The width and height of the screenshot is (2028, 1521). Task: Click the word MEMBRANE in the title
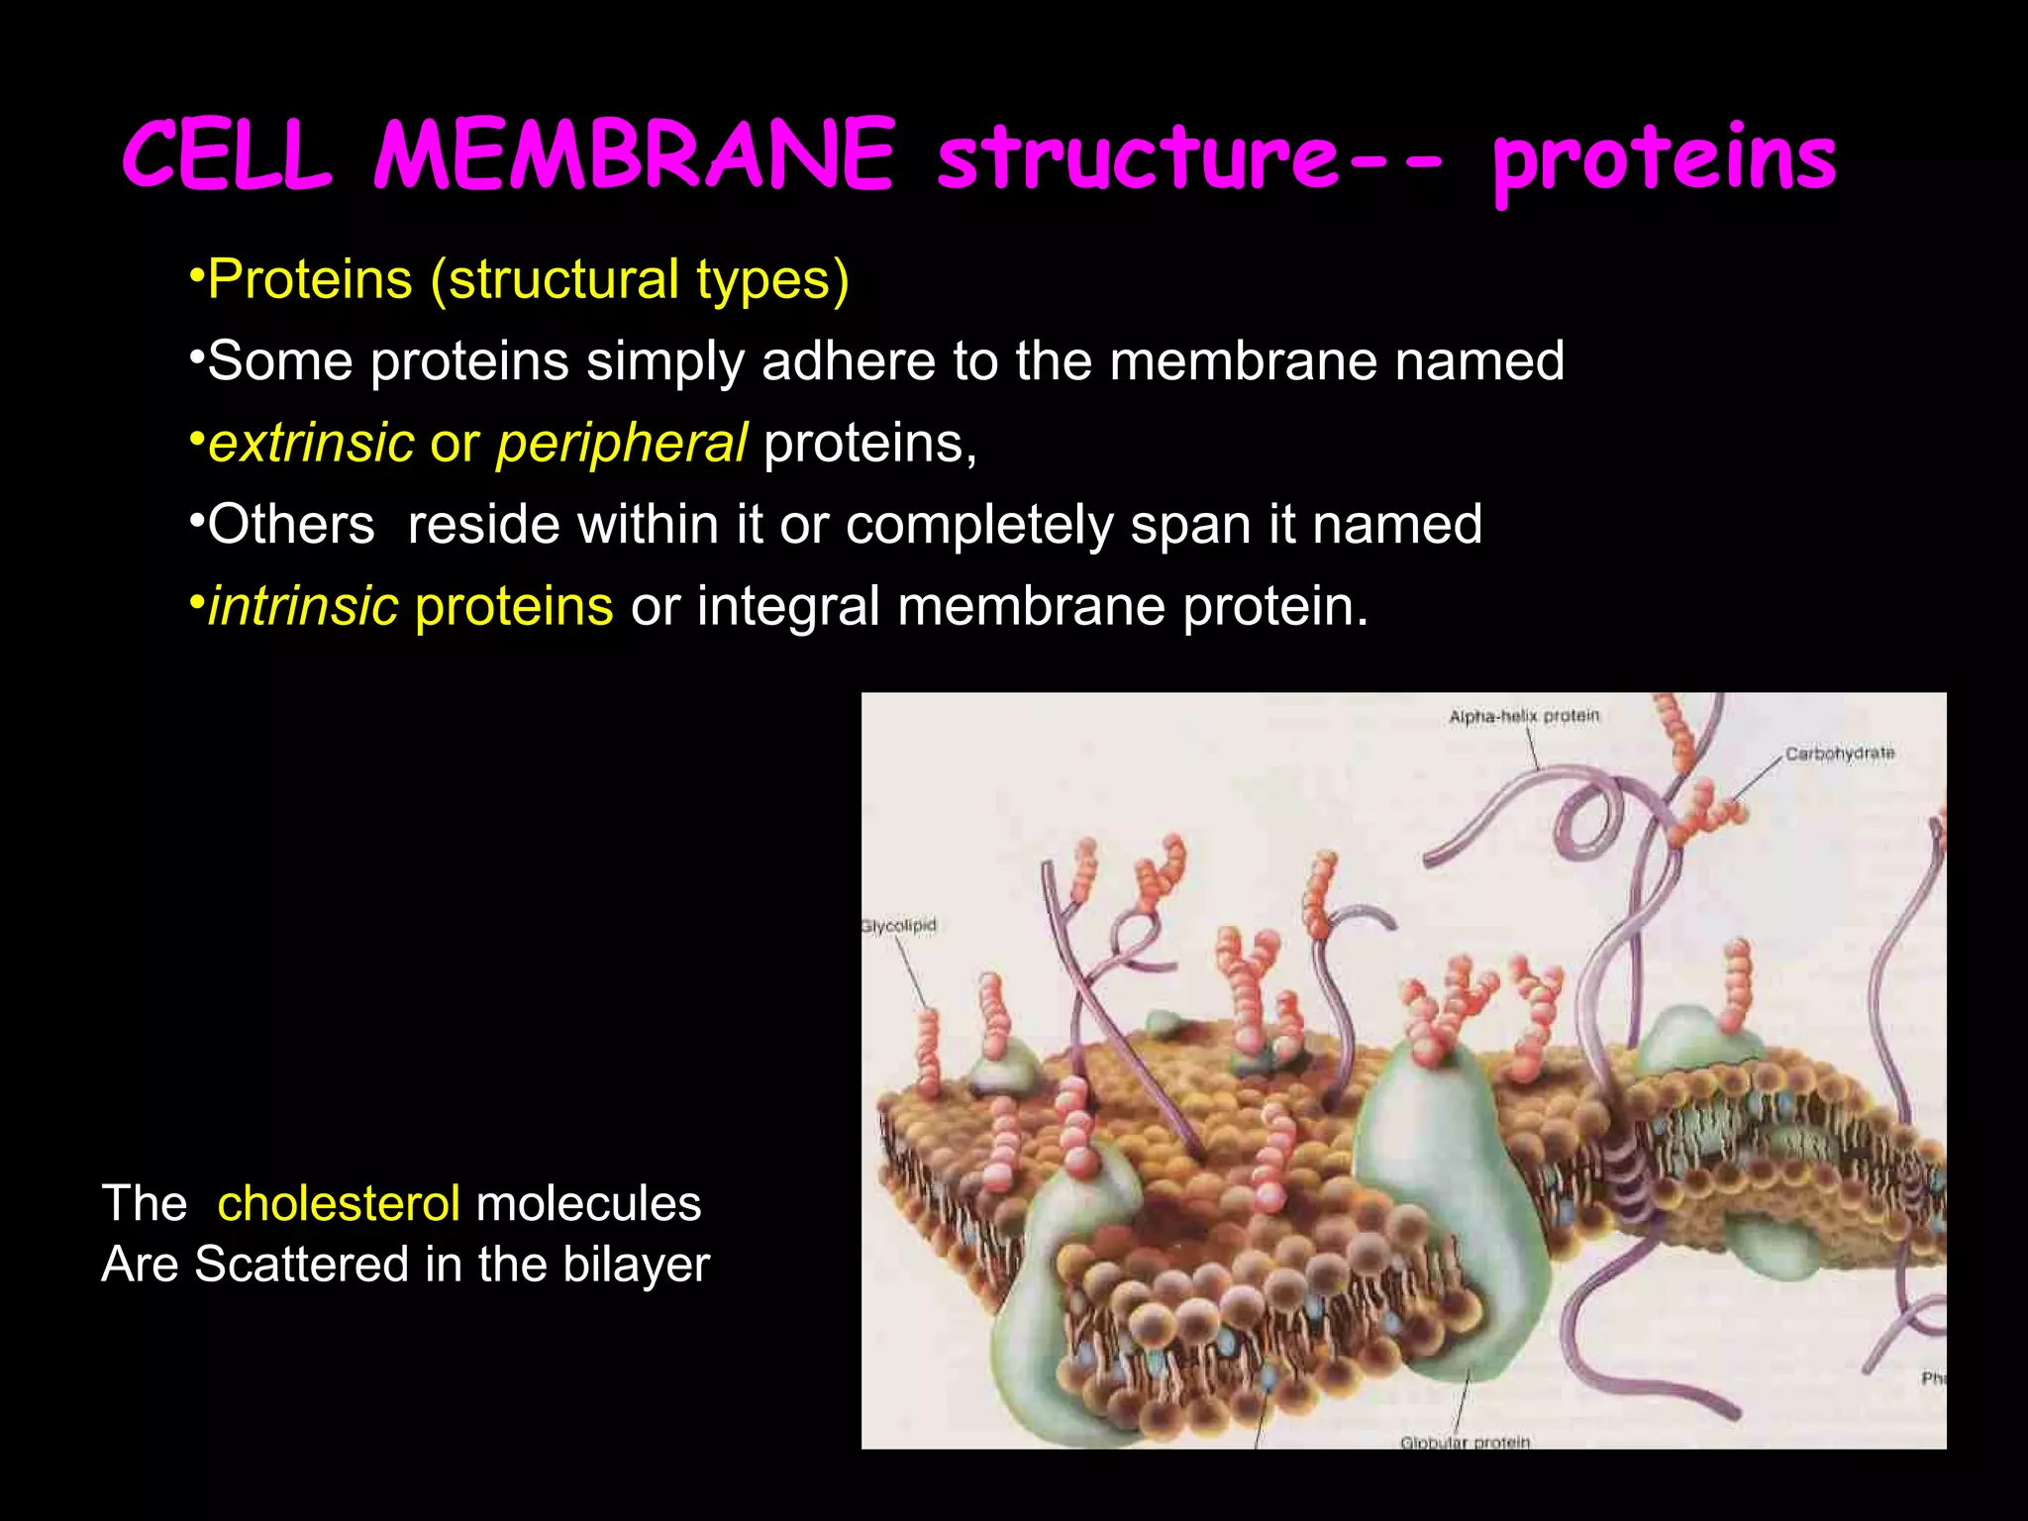point(634,155)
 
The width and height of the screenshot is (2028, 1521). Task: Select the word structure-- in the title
point(1188,158)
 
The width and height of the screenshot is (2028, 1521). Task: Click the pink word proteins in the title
point(1664,160)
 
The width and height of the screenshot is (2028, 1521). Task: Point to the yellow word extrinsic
point(311,443)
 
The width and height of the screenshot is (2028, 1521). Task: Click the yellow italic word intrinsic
point(303,606)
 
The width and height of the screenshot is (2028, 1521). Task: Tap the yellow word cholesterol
point(339,1204)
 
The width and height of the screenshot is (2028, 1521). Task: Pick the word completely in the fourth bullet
point(979,525)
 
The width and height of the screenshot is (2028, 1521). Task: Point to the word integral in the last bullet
point(788,606)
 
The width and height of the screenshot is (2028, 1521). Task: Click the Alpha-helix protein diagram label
point(1524,716)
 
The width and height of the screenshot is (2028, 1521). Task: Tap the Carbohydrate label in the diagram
point(1839,754)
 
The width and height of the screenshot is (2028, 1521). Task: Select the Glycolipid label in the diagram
point(898,926)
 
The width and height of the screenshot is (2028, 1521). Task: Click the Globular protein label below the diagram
point(1465,1442)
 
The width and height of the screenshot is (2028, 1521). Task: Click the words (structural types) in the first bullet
point(639,280)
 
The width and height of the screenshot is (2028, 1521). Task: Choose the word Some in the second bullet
point(280,360)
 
